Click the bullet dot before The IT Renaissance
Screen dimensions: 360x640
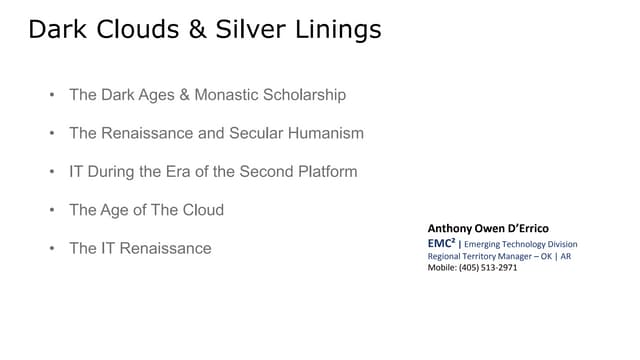(50, 248)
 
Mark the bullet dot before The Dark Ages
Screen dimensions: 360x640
(50, 95)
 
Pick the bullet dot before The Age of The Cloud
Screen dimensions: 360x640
(50, 210)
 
